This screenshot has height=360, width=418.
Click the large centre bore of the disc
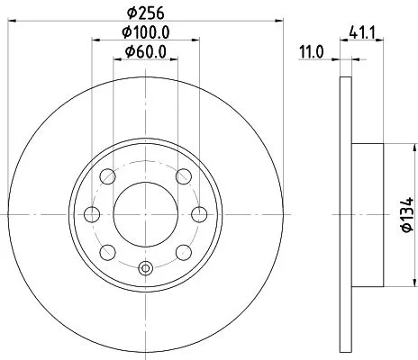click(146, 214)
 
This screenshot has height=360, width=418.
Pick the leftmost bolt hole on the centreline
click(91, 214)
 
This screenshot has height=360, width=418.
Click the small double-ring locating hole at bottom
click(146, 266)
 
